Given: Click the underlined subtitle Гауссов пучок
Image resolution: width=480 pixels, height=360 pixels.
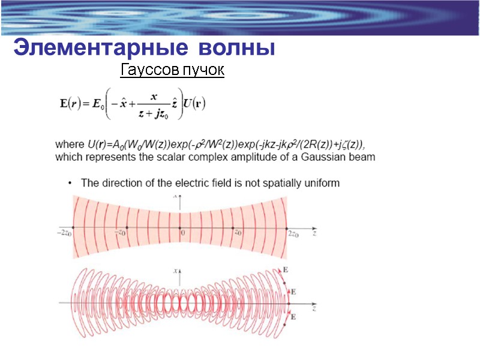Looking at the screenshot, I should tap(172, 71).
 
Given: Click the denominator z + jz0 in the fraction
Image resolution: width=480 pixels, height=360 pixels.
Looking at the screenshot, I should tap(153, 114).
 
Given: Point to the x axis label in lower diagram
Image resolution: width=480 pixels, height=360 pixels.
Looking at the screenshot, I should tap(176, 271).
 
